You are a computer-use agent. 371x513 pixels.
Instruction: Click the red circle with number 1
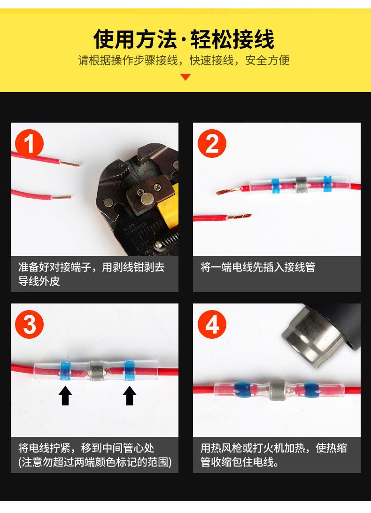click(30, 143)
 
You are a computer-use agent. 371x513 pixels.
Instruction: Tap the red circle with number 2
click(212, 143)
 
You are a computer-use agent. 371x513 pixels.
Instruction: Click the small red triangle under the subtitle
click(185, 77)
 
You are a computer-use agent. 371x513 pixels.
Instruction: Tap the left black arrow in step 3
click(65, 396)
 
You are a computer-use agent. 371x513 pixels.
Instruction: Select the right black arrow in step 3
click(130, 396)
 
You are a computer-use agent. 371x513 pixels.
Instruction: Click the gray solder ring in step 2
click(301, 185)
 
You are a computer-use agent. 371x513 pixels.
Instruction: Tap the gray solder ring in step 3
click(97, 371)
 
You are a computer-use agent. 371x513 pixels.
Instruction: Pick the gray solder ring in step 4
click(277, 389)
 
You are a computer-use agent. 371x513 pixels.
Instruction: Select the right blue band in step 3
click(129, 371)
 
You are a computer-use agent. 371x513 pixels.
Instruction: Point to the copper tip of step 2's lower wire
click(240, 216)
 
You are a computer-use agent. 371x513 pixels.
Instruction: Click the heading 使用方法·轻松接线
click(184, 39)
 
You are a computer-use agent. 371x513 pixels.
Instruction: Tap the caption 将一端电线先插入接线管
click(258, 267)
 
